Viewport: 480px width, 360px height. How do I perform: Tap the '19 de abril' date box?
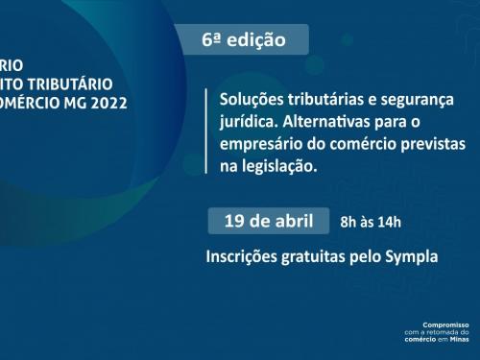(x=268, y=220)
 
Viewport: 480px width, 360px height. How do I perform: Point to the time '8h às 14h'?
(x=371, y=223)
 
